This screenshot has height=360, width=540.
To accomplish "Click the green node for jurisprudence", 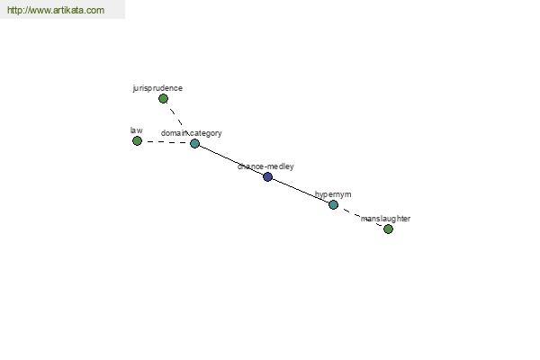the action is click(163, 99).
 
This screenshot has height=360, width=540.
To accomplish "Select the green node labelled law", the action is click(137, 141).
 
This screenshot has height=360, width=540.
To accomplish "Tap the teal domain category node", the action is click(195, 143).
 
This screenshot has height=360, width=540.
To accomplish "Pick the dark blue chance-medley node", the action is click(267, 176).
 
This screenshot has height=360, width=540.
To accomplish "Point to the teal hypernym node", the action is click(333, 205).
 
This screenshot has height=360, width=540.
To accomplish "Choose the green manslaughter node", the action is click(388, 229).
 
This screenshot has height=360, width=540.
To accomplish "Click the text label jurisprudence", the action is click(157, 88).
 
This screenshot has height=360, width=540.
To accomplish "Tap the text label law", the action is click(137, 130).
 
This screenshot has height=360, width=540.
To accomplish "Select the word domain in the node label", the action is click(175, 133).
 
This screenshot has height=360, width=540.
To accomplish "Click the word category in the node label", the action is click(206, 133).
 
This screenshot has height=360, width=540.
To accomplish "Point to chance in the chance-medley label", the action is click(250, 166).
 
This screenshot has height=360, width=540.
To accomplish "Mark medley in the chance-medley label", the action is click(280, 166).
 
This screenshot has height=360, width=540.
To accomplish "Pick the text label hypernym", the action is click(333, 194).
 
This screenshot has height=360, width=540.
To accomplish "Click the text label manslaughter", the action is click(385, 219).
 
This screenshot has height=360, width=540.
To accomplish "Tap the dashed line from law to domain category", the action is click(166, 142).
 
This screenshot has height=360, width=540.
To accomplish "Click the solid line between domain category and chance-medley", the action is click(231, 160).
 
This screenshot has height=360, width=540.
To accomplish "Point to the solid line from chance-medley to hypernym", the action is click(301, 191).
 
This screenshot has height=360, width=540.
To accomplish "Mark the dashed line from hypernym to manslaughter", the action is click(361, 217).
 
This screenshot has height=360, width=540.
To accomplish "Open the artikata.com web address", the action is click(56, 10).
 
